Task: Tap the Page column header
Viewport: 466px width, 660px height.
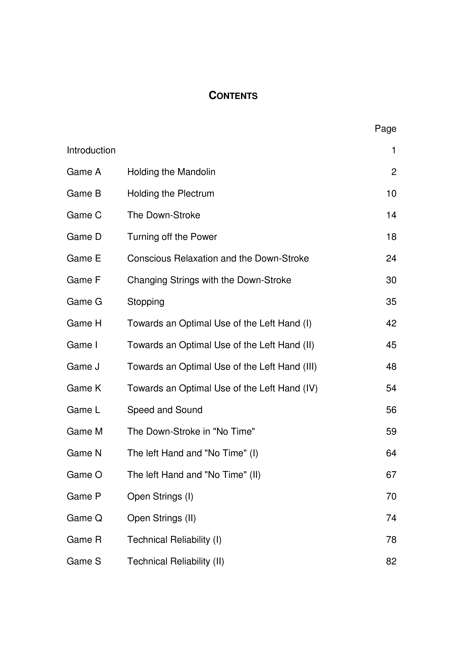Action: click(385, 129)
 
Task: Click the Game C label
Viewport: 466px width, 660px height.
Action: click(84, 215)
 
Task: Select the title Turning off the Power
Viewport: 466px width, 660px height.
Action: click(172, 237)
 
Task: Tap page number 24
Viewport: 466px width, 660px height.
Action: click(391, 259)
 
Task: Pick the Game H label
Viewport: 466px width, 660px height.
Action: click(84, 323)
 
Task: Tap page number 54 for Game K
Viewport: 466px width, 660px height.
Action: click(391, 388)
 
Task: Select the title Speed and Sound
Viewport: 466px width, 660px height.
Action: click(165, 410)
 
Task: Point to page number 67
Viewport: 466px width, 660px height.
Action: click(391, 475)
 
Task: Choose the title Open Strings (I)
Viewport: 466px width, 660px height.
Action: click(160, 497)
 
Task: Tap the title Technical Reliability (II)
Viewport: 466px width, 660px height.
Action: click(175, 561)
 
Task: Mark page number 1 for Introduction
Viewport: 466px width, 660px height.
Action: click(394, 150)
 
